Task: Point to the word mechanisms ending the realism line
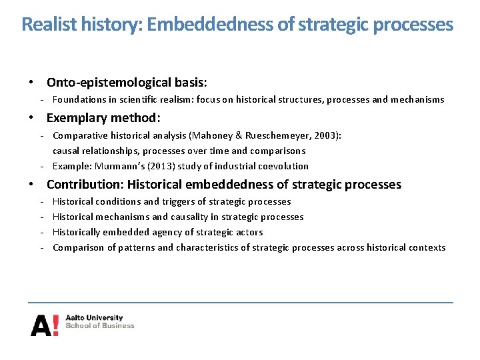coord(417,99)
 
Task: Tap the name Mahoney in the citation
coord(212,135)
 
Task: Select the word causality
coord(191,217)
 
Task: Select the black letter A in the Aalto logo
coord(40,325)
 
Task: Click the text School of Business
coord(100,326)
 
